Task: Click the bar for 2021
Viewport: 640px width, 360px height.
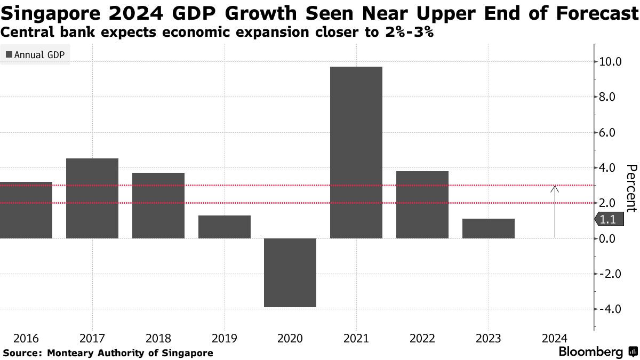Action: click(356, 152)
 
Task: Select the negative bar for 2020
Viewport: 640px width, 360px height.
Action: click(290, 273)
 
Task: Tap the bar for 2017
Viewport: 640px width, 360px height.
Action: click(92, 198)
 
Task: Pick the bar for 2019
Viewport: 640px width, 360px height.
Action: click(224, 227)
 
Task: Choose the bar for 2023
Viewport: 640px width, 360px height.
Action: click(488, 228)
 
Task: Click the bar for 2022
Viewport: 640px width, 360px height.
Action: click(422, 204)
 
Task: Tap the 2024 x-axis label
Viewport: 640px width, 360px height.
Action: click(555, 338)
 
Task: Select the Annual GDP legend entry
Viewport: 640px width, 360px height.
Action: click(35, 54)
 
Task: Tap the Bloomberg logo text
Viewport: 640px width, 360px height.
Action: click(591, 352)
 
